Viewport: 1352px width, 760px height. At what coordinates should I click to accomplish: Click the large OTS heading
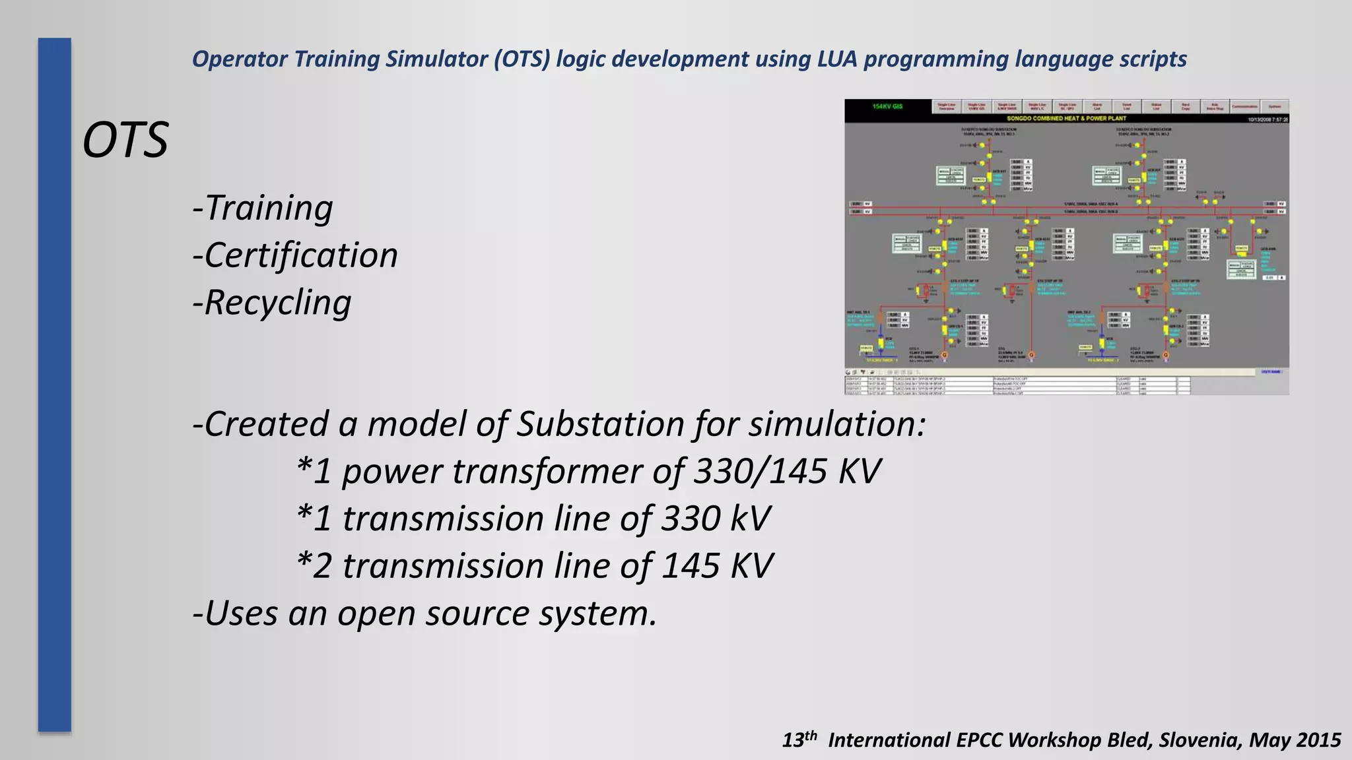[125, 141]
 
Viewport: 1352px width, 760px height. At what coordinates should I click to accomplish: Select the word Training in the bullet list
[269, 208]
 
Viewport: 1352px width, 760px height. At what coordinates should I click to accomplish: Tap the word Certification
[301, 256]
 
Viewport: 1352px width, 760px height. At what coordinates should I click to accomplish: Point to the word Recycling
[278, 303]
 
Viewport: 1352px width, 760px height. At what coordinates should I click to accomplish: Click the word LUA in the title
[837, 59]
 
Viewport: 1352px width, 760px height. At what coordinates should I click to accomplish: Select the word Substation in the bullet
[599, 424]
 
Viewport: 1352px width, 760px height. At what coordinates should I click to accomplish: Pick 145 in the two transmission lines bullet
[691, 567]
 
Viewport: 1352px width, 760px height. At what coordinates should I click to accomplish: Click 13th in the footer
[799, 740]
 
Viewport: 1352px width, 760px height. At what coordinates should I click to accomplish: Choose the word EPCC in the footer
[980, 740]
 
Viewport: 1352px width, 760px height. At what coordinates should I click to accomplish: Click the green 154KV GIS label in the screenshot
[887, 106]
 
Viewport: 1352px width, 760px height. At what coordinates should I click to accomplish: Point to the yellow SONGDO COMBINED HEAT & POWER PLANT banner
[1066, 119]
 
